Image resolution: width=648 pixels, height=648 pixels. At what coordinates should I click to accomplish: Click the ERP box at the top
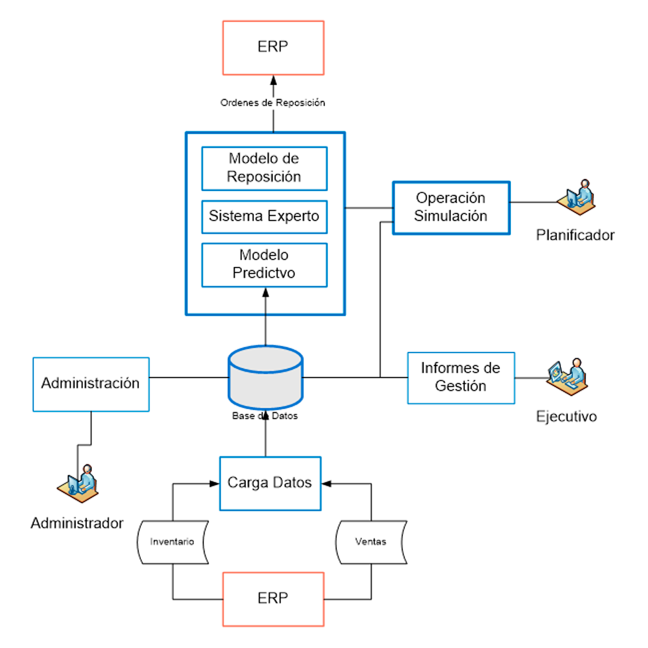point(273,48)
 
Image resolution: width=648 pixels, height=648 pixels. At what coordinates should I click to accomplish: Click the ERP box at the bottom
point(273,599)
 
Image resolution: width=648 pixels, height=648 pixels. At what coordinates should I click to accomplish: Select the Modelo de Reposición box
point(264,168)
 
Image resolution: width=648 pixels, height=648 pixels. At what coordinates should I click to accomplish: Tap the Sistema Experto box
point(264,217)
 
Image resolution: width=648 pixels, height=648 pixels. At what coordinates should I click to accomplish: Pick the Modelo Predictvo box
point(264,265)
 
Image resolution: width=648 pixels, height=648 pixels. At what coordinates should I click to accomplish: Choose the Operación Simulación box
point(451,207)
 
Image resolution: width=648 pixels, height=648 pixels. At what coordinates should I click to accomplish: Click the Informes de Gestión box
point(461,377)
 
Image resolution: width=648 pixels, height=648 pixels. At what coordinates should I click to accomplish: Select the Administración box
point(91,384)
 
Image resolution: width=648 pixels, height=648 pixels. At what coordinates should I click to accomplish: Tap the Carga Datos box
point(270,483)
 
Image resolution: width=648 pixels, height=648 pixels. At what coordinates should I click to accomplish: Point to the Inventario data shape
point(173,542)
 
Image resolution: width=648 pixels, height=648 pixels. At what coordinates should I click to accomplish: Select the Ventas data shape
point(371,542)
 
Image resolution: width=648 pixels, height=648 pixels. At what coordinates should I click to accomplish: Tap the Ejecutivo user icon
point(567,375)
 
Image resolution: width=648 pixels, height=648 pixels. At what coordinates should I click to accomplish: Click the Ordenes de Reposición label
point(273,103)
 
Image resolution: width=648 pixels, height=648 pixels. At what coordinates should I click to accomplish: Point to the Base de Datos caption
point(265,416)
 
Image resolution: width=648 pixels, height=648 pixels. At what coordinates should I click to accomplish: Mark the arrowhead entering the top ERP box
point(273,80)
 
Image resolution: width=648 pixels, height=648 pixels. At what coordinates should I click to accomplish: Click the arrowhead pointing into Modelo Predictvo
point(265,293)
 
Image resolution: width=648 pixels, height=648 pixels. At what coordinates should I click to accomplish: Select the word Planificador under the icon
point(575,235)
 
